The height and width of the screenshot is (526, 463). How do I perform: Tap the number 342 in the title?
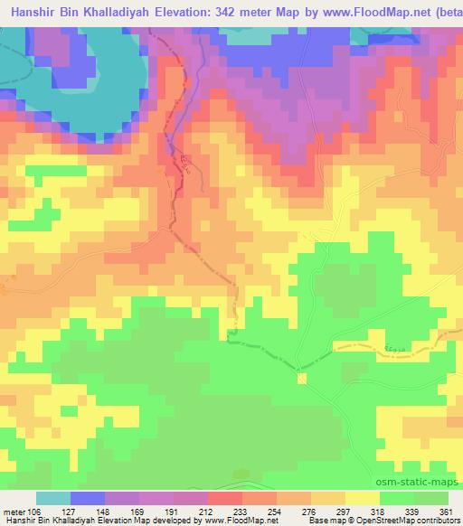[x=221, y=12]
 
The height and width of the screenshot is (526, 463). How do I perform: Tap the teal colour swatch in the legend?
[x=53, y=498]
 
